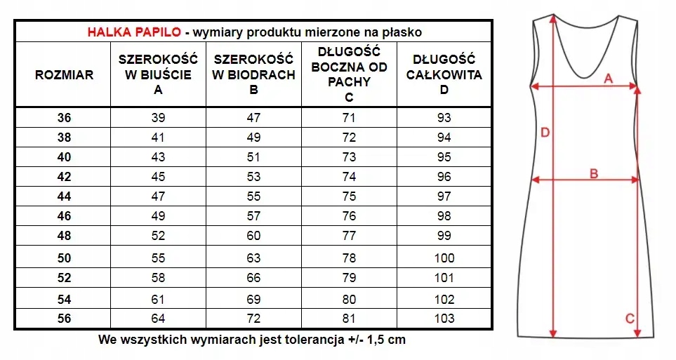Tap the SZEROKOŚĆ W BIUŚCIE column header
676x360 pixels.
click(x=158, y=75)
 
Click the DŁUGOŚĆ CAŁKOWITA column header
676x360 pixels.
click(x=444, y=75)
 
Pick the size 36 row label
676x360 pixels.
click(x=64, y=118)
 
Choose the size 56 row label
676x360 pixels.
click(x=64, y=319)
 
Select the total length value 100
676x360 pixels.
click(x=444, y=258)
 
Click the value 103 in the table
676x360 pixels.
click(x=444, y=319)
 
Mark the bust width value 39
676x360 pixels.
click(x=158, y=118)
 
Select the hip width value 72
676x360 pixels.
click(x=253, y=319)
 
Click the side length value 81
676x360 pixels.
click(x=349, y=319)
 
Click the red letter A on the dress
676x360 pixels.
click(x=609, y=79)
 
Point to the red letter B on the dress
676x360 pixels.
click(x=593, y=173)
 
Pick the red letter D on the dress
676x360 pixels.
click(x=545, y=132)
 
